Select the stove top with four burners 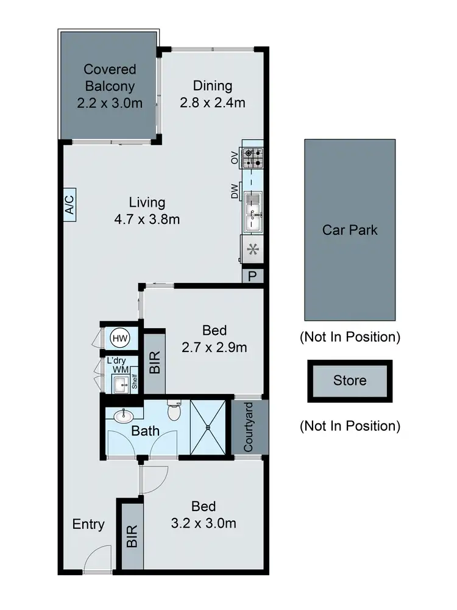[253, 158]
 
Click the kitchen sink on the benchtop [252, 211]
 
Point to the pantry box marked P [252, 276]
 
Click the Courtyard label [249, 427]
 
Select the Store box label [350, 381]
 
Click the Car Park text [350, 230]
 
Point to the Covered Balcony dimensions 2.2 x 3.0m [110, 103]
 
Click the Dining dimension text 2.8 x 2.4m [213, 103]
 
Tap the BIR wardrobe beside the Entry [132, 536]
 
